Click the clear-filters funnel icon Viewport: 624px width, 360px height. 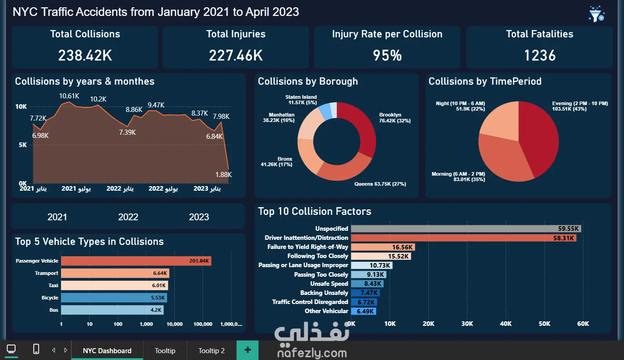(596, 14)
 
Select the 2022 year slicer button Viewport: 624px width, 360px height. (128, 217)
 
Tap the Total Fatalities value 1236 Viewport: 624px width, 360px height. (540, 55)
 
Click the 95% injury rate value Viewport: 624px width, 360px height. (387, 55)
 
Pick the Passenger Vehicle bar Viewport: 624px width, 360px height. (136, 261)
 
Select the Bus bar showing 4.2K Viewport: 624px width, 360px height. (112, 310)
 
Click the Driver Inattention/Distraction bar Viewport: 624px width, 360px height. (463, 238)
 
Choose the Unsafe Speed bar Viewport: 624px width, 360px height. (367, 284)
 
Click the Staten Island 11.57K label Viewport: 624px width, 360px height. (301, 100)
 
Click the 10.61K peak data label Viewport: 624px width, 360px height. (69, 96)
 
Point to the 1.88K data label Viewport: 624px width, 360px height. (223, 175)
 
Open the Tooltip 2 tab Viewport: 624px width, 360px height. (212, 350)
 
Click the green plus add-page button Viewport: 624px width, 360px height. (248, 350)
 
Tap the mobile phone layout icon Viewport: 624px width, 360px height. (36, 349)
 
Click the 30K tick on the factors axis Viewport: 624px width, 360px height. (467, 324)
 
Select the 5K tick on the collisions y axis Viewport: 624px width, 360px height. (23, 145)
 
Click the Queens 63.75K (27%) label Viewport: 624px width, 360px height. (380, 184)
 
